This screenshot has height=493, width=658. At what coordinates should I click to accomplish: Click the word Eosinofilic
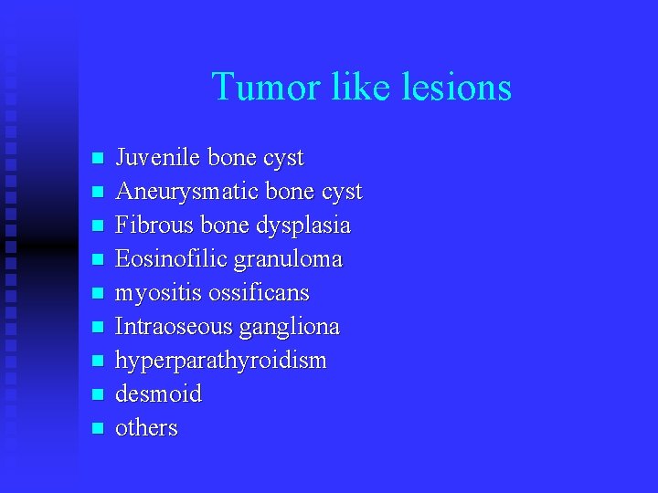[171, 259]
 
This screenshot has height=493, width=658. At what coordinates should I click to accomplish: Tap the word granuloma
[288, 259]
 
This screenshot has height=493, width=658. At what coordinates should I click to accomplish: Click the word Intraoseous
[175, 327]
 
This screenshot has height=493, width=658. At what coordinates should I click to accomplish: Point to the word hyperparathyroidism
[220, 361]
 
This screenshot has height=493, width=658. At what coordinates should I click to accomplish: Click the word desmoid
[158, 394]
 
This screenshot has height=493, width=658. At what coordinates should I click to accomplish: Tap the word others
[146, 428]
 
